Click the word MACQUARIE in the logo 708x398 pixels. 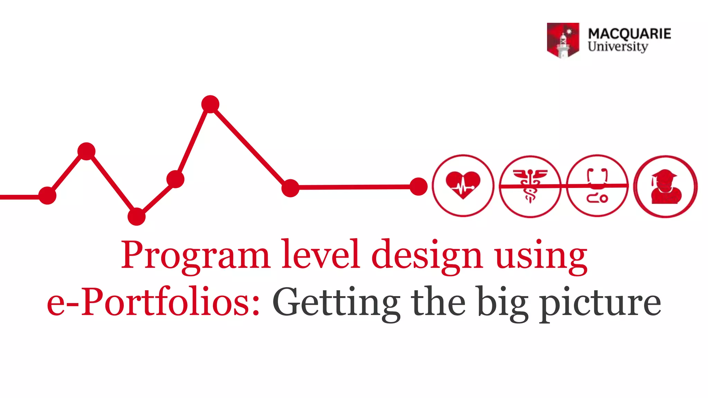point(629,34)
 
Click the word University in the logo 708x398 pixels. point(618,47)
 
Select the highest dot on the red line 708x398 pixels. point(210,104)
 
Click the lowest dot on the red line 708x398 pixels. point(137,217)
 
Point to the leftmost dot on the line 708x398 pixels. point(47,196)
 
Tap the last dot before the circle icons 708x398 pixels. point(418,187)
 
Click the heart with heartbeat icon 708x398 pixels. point(463,186)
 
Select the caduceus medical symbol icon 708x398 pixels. point(530,186)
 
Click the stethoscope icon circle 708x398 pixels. point(597,186)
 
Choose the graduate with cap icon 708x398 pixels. point(665,187)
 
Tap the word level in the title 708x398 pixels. point(320,255)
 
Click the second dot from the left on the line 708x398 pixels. point(86,151)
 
